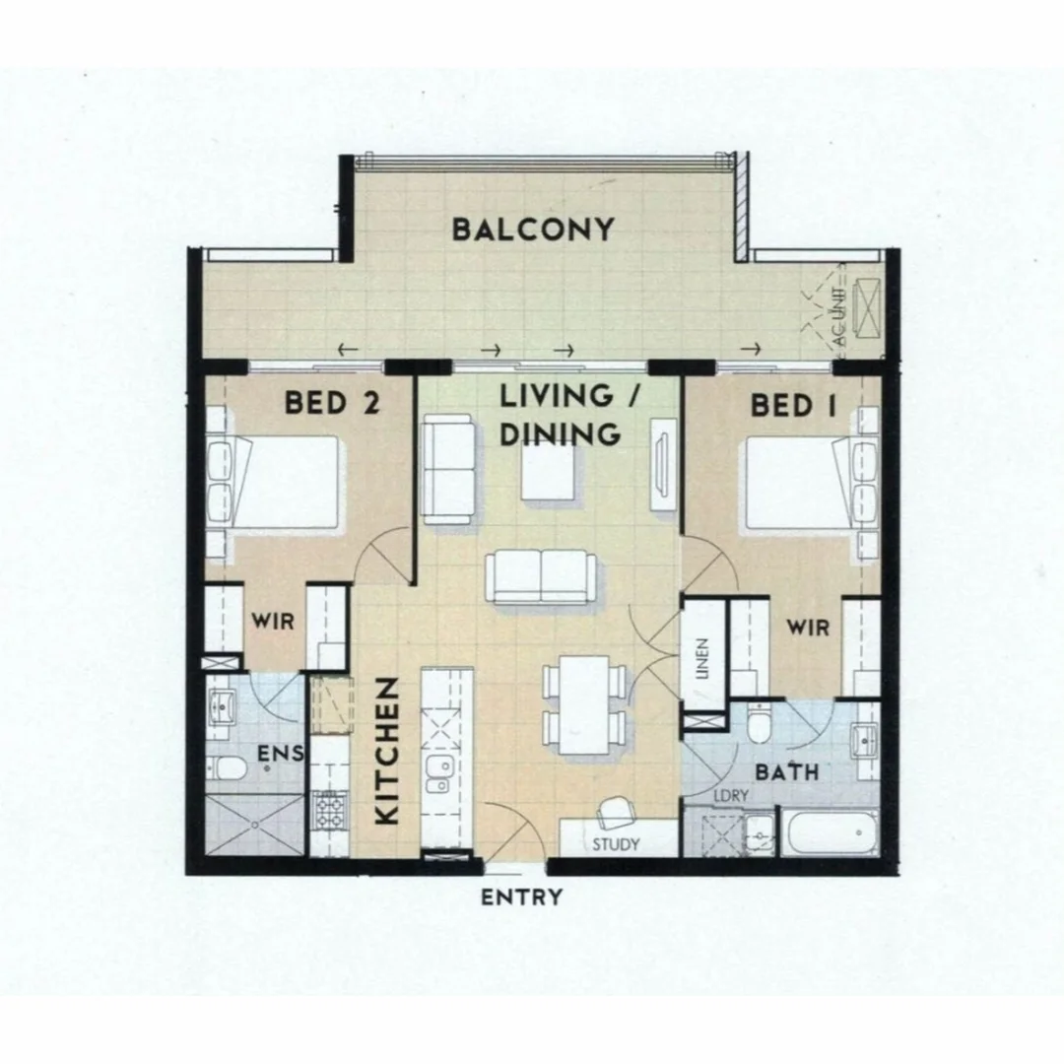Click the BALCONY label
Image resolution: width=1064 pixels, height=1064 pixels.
click(x=533, y=230)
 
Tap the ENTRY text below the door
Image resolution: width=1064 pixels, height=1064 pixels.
click(x=521, y=898)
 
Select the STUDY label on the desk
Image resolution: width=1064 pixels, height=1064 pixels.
click(x=616, y=844)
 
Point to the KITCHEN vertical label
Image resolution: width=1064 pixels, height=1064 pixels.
click(x=387, y=751)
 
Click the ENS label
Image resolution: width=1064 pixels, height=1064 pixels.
click(x=278, y=755)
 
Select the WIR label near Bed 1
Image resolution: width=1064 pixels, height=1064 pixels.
click(x=807, y=628)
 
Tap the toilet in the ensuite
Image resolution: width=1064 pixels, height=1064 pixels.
click(x=225, y=768)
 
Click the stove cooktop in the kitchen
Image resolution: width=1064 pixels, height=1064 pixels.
click(x=327, y=811)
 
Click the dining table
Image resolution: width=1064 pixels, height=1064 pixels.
click(x=585, y=704)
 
